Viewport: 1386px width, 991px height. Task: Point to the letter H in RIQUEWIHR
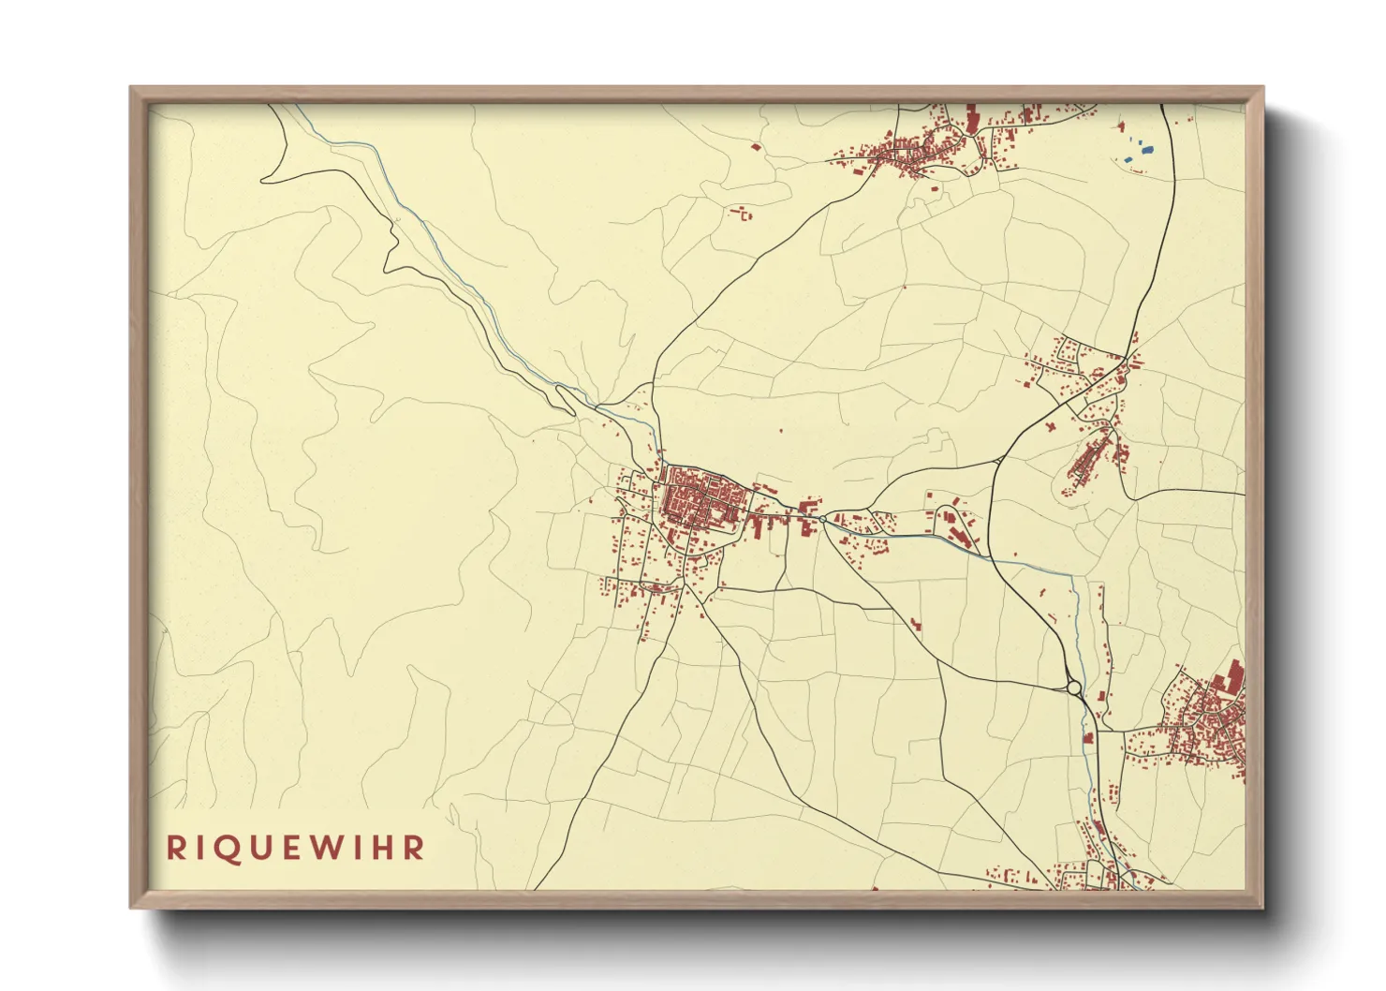(x=384, y=848)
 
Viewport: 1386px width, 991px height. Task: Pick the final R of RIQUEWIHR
(x=414, y=848)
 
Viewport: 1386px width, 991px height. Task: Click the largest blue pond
(x=1147, y=148)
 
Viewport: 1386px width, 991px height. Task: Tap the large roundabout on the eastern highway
(x=1074, y=688)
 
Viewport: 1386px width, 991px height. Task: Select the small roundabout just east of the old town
(x=822, y=519)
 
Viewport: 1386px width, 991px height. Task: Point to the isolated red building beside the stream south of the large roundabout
(x=1088, y=737)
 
